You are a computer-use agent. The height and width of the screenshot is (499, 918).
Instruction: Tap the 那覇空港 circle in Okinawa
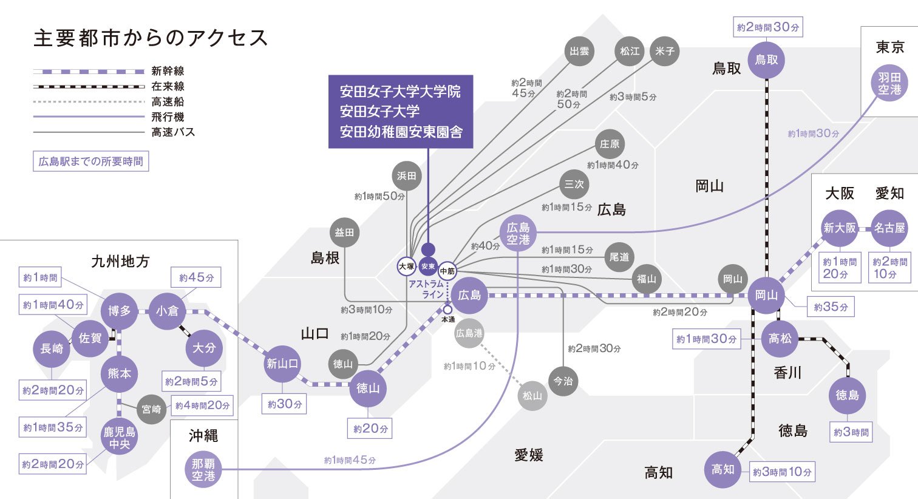[x=203, y=470]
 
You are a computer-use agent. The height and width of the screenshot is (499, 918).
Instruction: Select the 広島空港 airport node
[x=518, y=234]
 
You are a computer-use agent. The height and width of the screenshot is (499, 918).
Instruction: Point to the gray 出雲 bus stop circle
[x=579, y=52]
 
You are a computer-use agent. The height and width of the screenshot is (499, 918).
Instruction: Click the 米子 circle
[x=665, y=52]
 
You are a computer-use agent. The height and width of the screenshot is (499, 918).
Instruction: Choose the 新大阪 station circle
[x=840, y=228]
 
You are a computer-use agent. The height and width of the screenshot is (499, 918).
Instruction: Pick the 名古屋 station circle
[x=889, y=228]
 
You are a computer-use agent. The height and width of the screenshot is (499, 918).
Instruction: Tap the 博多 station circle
[x=120, y=311]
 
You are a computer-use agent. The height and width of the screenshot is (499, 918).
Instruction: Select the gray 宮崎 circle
[x=152, y=409]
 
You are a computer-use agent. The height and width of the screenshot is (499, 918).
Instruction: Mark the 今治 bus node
[x=563, y=381]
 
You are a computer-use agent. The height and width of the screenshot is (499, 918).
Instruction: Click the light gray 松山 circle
[x=532, y=396]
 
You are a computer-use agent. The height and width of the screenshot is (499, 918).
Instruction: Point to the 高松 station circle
[x=780, y=339]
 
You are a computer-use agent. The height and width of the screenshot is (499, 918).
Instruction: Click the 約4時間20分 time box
[x=203, y=406]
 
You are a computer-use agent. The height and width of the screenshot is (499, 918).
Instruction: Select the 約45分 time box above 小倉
[x=196, y=277]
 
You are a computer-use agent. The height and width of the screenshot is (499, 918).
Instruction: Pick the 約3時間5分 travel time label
[x=633, y=97]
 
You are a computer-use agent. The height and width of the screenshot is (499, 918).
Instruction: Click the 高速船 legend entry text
[x=168, y=102]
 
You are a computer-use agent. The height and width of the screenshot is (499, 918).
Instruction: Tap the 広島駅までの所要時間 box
[x=91, y=161]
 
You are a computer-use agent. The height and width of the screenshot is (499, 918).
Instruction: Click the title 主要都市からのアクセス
[x=151, y=38]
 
